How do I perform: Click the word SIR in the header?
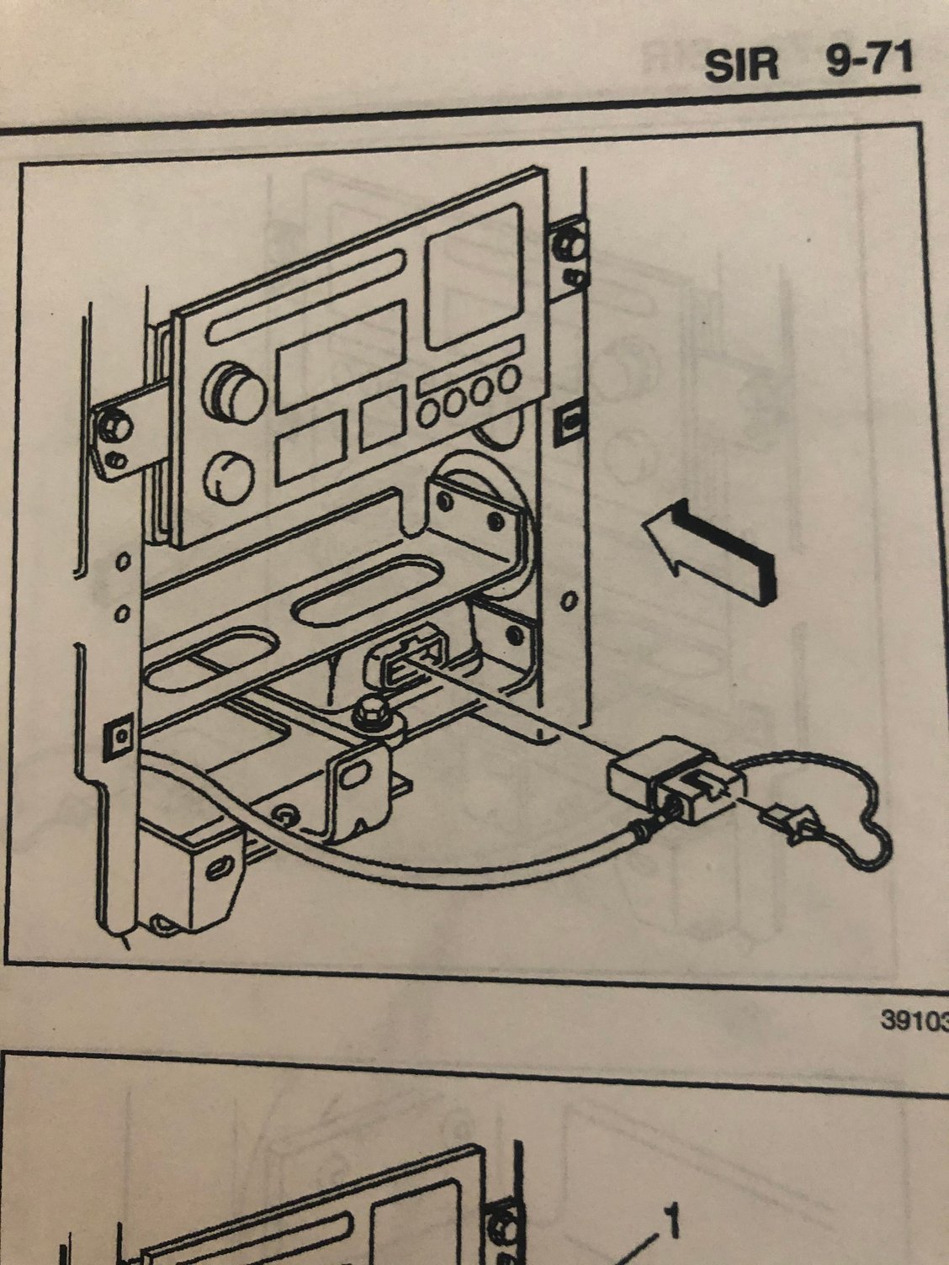tap(741, 64)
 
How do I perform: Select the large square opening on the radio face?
tap(474, 278)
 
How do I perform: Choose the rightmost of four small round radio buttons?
tap(509, 379)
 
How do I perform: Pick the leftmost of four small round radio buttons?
tap(429, 413)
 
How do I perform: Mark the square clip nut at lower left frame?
tap(119, 735)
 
